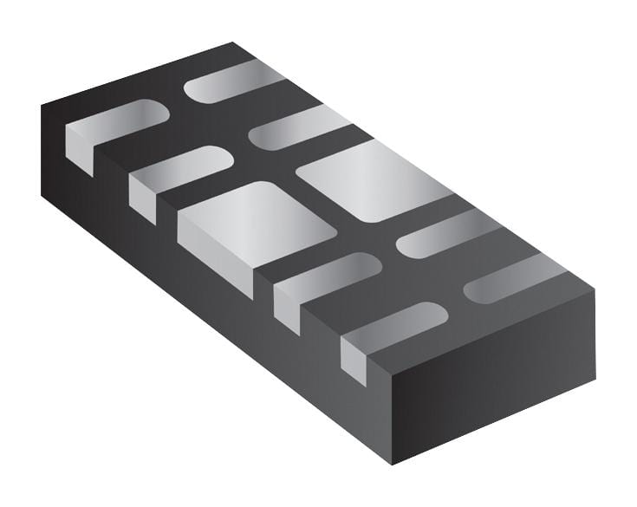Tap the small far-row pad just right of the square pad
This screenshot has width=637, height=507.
point(439,231)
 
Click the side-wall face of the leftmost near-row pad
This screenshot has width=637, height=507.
point(79,150)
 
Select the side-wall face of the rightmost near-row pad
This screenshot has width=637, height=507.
point(354,361)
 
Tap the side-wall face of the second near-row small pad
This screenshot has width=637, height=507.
point(142,198)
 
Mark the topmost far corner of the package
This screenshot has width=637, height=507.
point(232,42)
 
